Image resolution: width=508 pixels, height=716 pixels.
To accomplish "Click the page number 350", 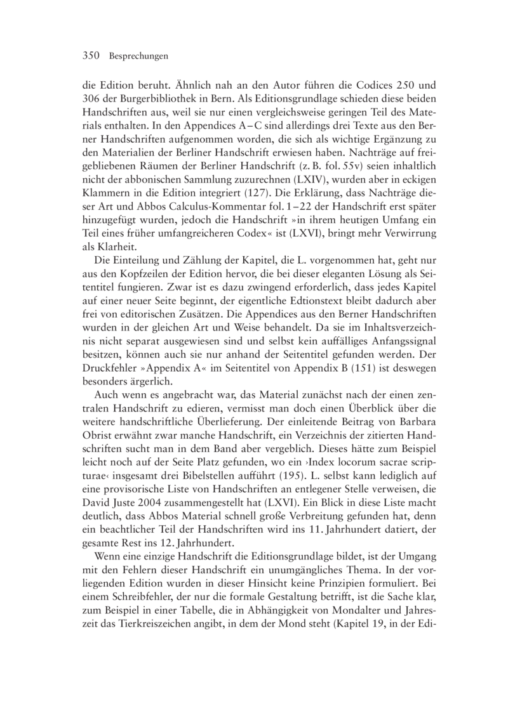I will tap(93, 56).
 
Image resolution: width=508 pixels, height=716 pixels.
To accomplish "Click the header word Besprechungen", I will tap(138, 56).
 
